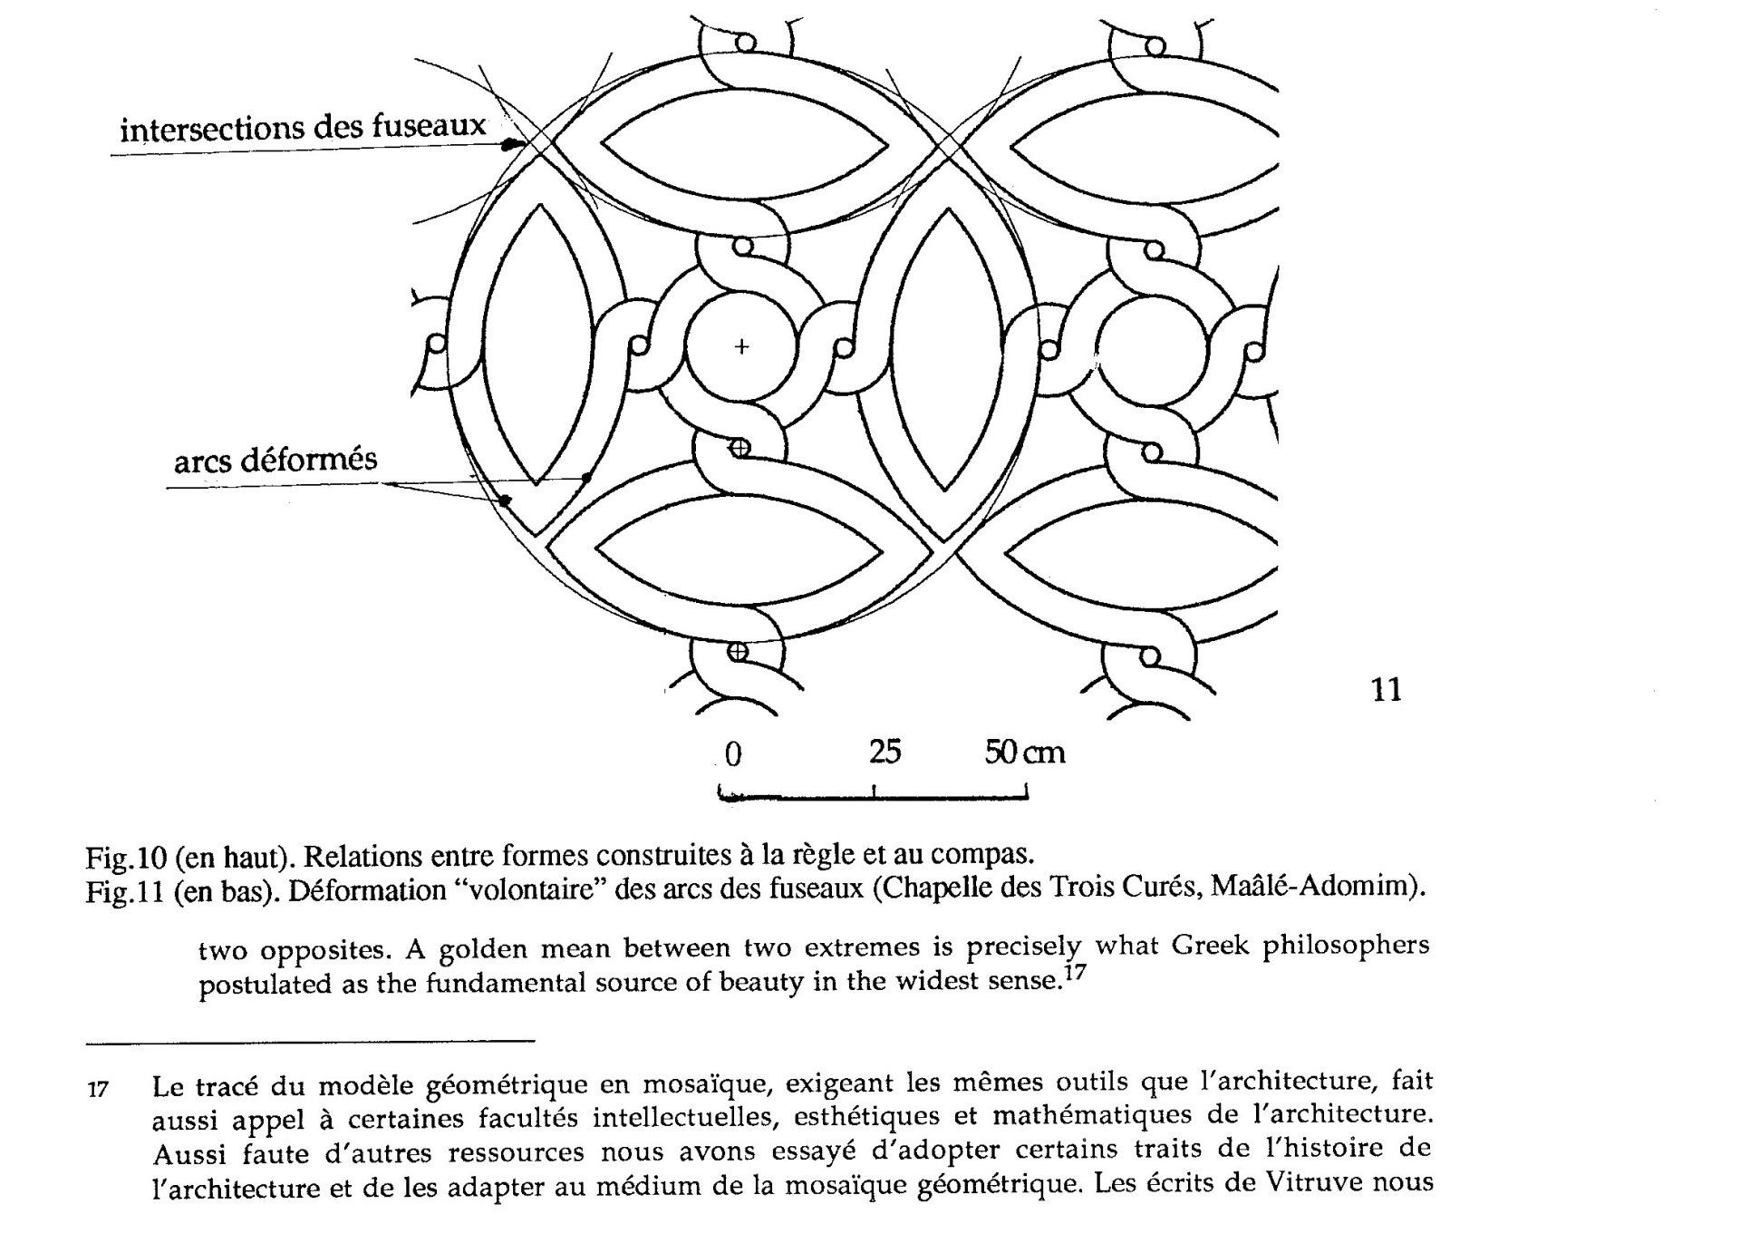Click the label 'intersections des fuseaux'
coord(304,128)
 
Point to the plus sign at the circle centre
coord(742,346)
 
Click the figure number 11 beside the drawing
coord(1387,690)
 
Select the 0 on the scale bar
coord(733,754)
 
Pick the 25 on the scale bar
coord(884,752)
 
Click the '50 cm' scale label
coord(1025,752)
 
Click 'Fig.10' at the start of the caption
coord(124,856)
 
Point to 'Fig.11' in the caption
coord(124,891)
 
